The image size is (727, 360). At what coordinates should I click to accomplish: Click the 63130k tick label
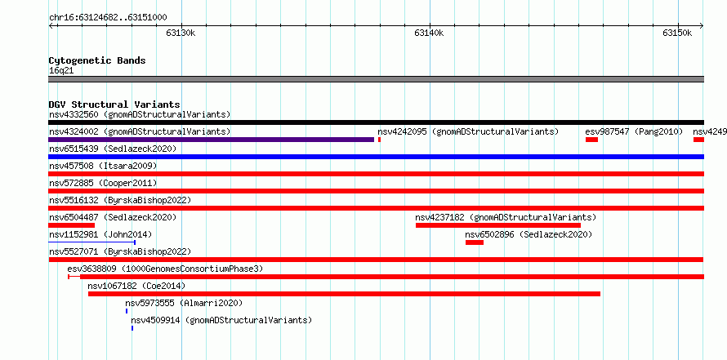pyautogui.click(x=181, y=33)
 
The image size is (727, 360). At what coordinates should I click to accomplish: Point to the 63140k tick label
pyautogui.click(x=429, y=33)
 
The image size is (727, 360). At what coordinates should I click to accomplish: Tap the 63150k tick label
pyautogui.click(x=677, y=33)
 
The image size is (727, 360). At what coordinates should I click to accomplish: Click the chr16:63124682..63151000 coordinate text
pyautogui.click(x=108, y=18)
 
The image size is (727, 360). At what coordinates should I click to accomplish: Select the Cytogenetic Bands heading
pyautogui.click(x=97, y=60)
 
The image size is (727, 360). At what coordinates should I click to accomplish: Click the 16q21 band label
pyautogui.click(x=61, y=71)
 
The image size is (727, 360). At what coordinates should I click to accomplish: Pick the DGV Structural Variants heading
pyautogui.click(x=114, y=104)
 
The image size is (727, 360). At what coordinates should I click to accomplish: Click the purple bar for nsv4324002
pyautogui.click(x=211, y=140)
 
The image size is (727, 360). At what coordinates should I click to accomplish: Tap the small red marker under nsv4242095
pyautogui.click(x=379, y=140)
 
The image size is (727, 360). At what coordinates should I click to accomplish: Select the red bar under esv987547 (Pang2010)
pyautogui.click(x=591, y=140)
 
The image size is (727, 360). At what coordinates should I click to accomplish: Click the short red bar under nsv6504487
pyautogui.click(x=71, y=225)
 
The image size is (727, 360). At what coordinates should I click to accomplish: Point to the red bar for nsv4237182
pyautogui.click(x=498, y=225)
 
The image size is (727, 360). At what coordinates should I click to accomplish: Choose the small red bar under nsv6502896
pyautogui.click(x=475, y=242)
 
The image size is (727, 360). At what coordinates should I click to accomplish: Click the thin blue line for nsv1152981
pyautogui.click(x=91, y=242)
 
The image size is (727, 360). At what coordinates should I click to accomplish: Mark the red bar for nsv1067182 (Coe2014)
pyautogui.click(x=344, y=294)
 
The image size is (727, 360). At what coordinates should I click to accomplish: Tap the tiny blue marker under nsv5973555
pyautogui.click(x=126, y=311)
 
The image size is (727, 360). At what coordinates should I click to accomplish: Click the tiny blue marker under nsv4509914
pyautogui.click(x=132, y=328)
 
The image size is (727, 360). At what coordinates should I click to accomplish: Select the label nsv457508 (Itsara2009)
pyautogui.click(x=103, y=166)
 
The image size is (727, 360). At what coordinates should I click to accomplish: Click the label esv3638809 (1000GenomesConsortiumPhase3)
pyautogui.click(x=165, y=269)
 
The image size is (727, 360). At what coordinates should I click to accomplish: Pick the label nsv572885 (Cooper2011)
pyautogui.click(x=103, y=183)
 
